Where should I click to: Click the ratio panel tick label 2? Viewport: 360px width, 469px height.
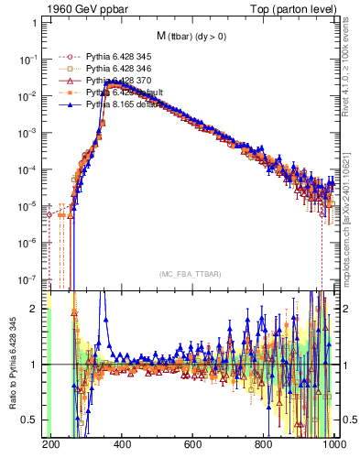click(36, 309)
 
